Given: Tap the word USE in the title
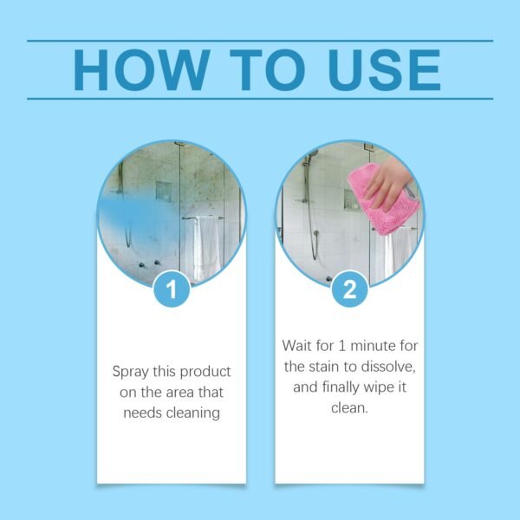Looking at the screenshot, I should coord(378,69).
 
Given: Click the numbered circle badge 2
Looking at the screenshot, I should coord(349,289).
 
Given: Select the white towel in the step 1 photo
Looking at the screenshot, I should coord(205,247).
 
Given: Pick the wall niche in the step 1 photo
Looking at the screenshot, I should coord(164,191).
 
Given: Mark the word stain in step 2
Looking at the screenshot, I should coord(334,366).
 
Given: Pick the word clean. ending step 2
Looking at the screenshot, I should coord(349,407).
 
